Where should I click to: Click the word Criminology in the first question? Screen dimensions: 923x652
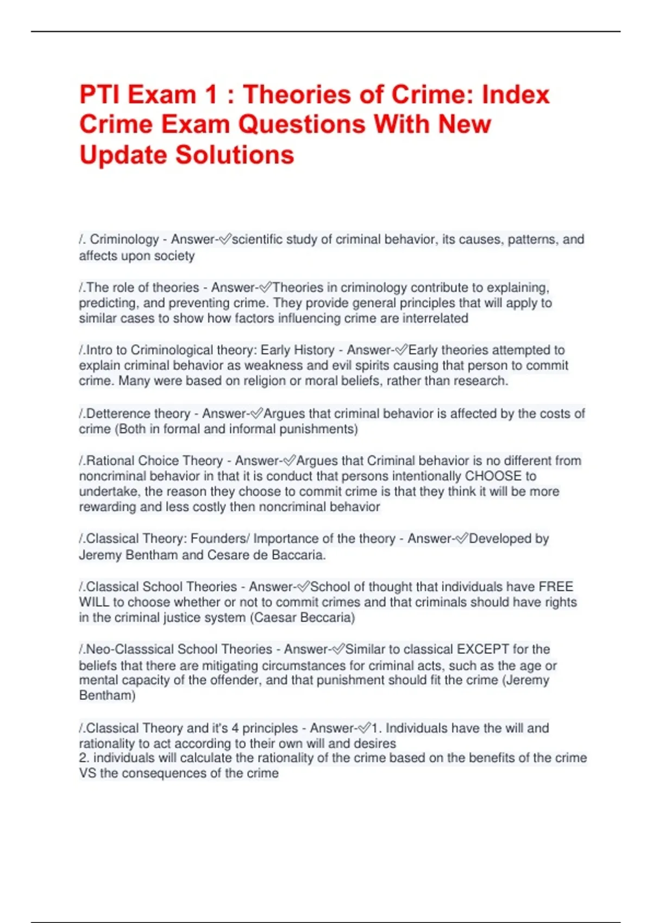pos(124,239)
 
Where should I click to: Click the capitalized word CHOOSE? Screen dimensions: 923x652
pos(493,476)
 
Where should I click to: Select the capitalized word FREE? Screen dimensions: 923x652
pos(556,587)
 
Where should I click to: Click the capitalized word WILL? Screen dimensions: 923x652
pos(94,602)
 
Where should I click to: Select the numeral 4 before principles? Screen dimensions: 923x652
pos(235,728)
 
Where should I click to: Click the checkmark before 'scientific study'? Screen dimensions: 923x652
pos(224,239)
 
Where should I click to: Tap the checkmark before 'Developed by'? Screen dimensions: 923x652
pos(461,539)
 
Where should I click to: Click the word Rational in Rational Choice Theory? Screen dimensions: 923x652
pos(110,461)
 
